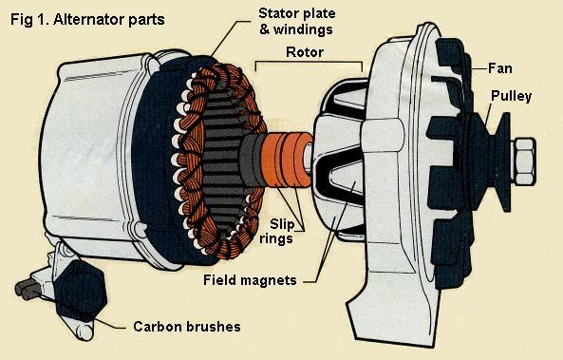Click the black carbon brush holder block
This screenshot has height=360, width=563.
(x=72, y=285)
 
